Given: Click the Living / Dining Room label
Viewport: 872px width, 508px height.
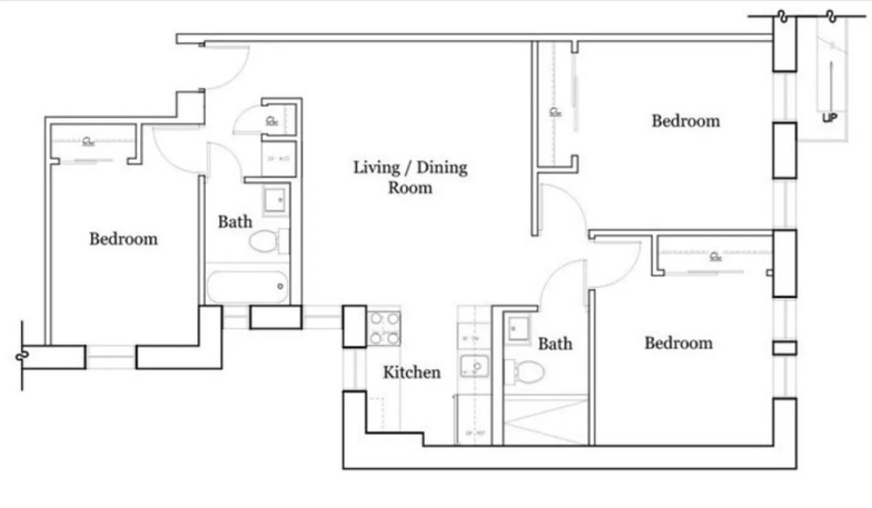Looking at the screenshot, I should tap(410, 177).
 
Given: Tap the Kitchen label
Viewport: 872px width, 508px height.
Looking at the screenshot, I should tap(412, 372).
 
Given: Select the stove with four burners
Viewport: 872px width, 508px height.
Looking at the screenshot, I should tap(384, 328).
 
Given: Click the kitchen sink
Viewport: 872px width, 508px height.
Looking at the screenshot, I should tap(474, 366).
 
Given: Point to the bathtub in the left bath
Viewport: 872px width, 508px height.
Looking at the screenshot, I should tap(248, 288).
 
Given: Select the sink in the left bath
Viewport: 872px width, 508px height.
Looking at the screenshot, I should tap(276, 200).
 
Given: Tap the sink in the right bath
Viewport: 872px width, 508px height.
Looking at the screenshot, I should tap(518, 329).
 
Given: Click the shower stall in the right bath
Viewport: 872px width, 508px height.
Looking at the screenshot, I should tap(545, 420).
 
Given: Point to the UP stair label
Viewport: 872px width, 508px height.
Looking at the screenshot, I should tap(829, 117).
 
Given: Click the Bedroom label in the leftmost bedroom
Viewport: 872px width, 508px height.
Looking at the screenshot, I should tap(123, 239).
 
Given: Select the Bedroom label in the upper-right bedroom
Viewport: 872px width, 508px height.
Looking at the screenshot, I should tap(686, 121).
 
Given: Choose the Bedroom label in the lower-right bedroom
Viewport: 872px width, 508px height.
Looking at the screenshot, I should tap(678, 343).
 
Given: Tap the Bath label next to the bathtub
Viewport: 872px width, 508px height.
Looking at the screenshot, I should tap(235, 222).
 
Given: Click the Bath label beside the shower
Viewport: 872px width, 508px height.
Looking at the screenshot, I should tap(555, 344).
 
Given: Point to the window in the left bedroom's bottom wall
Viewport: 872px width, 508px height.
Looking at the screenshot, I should tap(111, 358).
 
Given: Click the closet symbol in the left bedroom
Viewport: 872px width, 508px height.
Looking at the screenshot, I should tap(86, 141).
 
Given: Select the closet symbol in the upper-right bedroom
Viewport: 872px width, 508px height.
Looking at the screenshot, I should tap(555, 112).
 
